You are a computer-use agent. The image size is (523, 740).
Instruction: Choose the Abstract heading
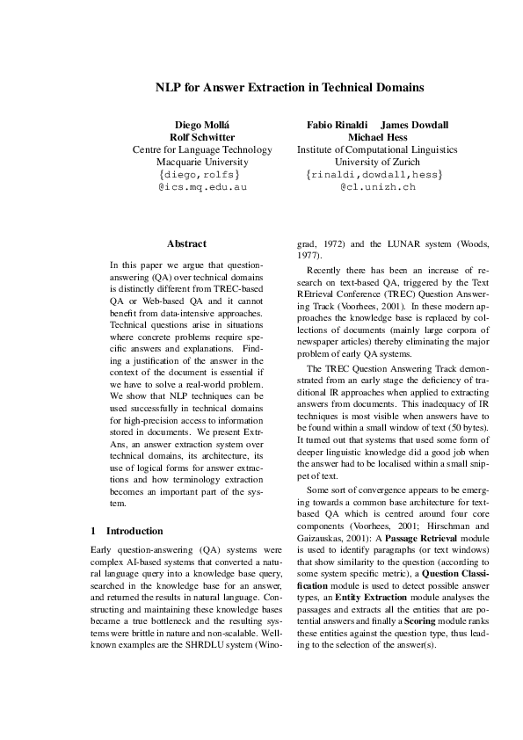186,243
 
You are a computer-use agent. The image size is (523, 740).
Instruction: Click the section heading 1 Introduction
127,531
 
